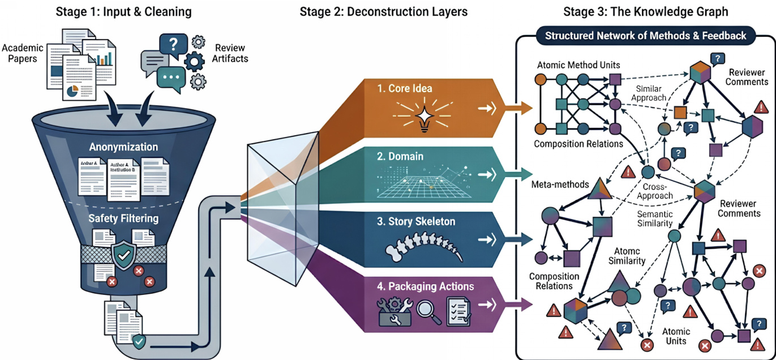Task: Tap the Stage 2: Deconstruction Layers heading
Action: [x=383, y=11]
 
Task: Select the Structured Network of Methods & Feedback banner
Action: [x=645, y=36]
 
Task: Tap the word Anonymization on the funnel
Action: [x=123, y=147]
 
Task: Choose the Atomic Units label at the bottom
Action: [x=676, y=336]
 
